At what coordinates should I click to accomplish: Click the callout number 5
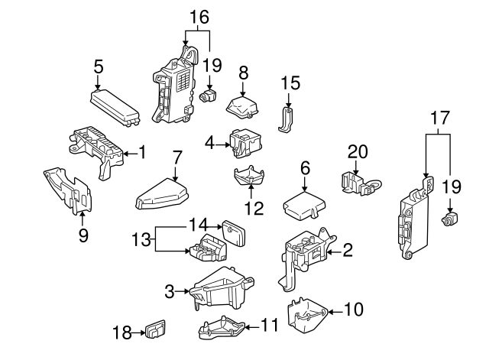click(98, 66)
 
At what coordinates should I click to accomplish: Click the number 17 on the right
click(438, 119)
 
